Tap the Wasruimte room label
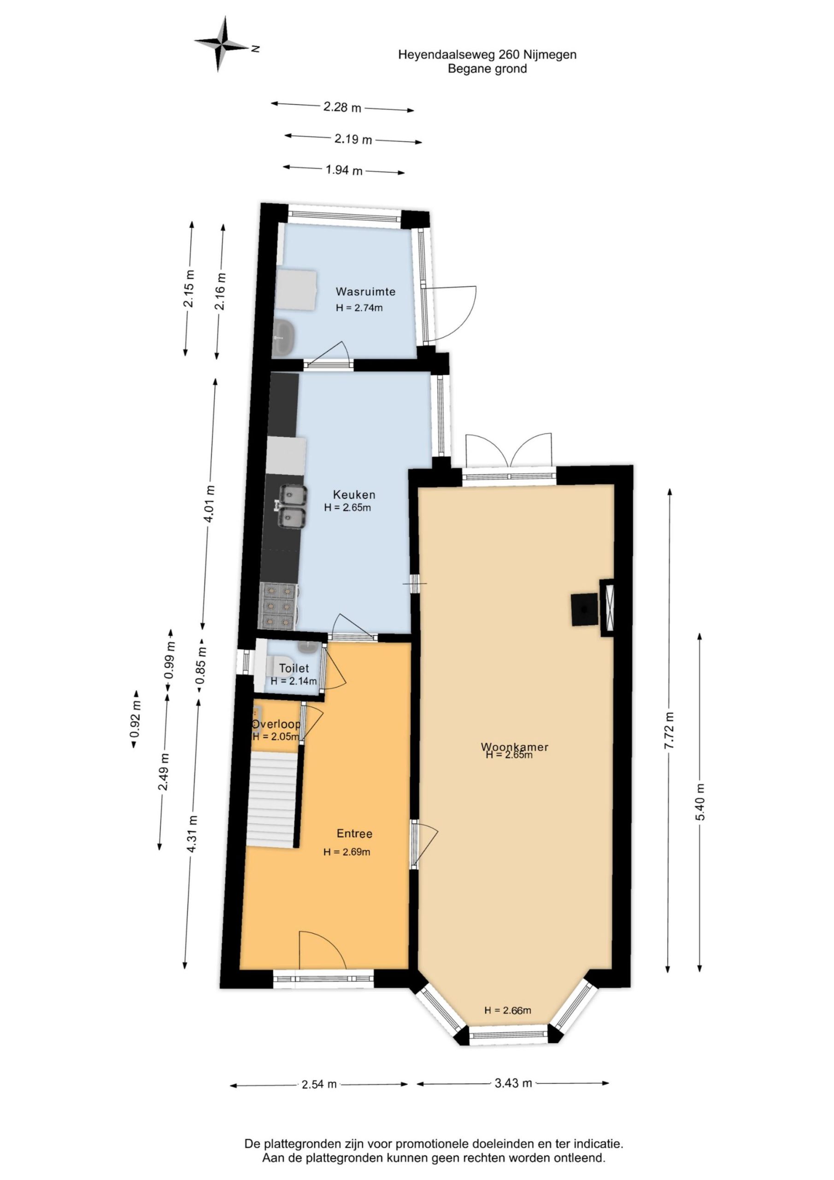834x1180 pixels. pos(365,291)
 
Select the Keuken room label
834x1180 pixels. pos(354,495)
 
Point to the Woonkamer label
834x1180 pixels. pos(514,746)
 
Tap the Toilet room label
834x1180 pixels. pos(294,668)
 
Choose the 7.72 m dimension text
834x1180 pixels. pos(669,730)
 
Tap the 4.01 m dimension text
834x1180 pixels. pos(210,504)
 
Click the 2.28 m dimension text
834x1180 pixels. pos(342,107)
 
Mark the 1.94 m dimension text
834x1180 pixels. pos(344,170)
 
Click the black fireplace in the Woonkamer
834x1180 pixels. pos(584,609)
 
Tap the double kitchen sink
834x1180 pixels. pos(292,507)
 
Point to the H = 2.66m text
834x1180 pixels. pos(508,1010)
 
